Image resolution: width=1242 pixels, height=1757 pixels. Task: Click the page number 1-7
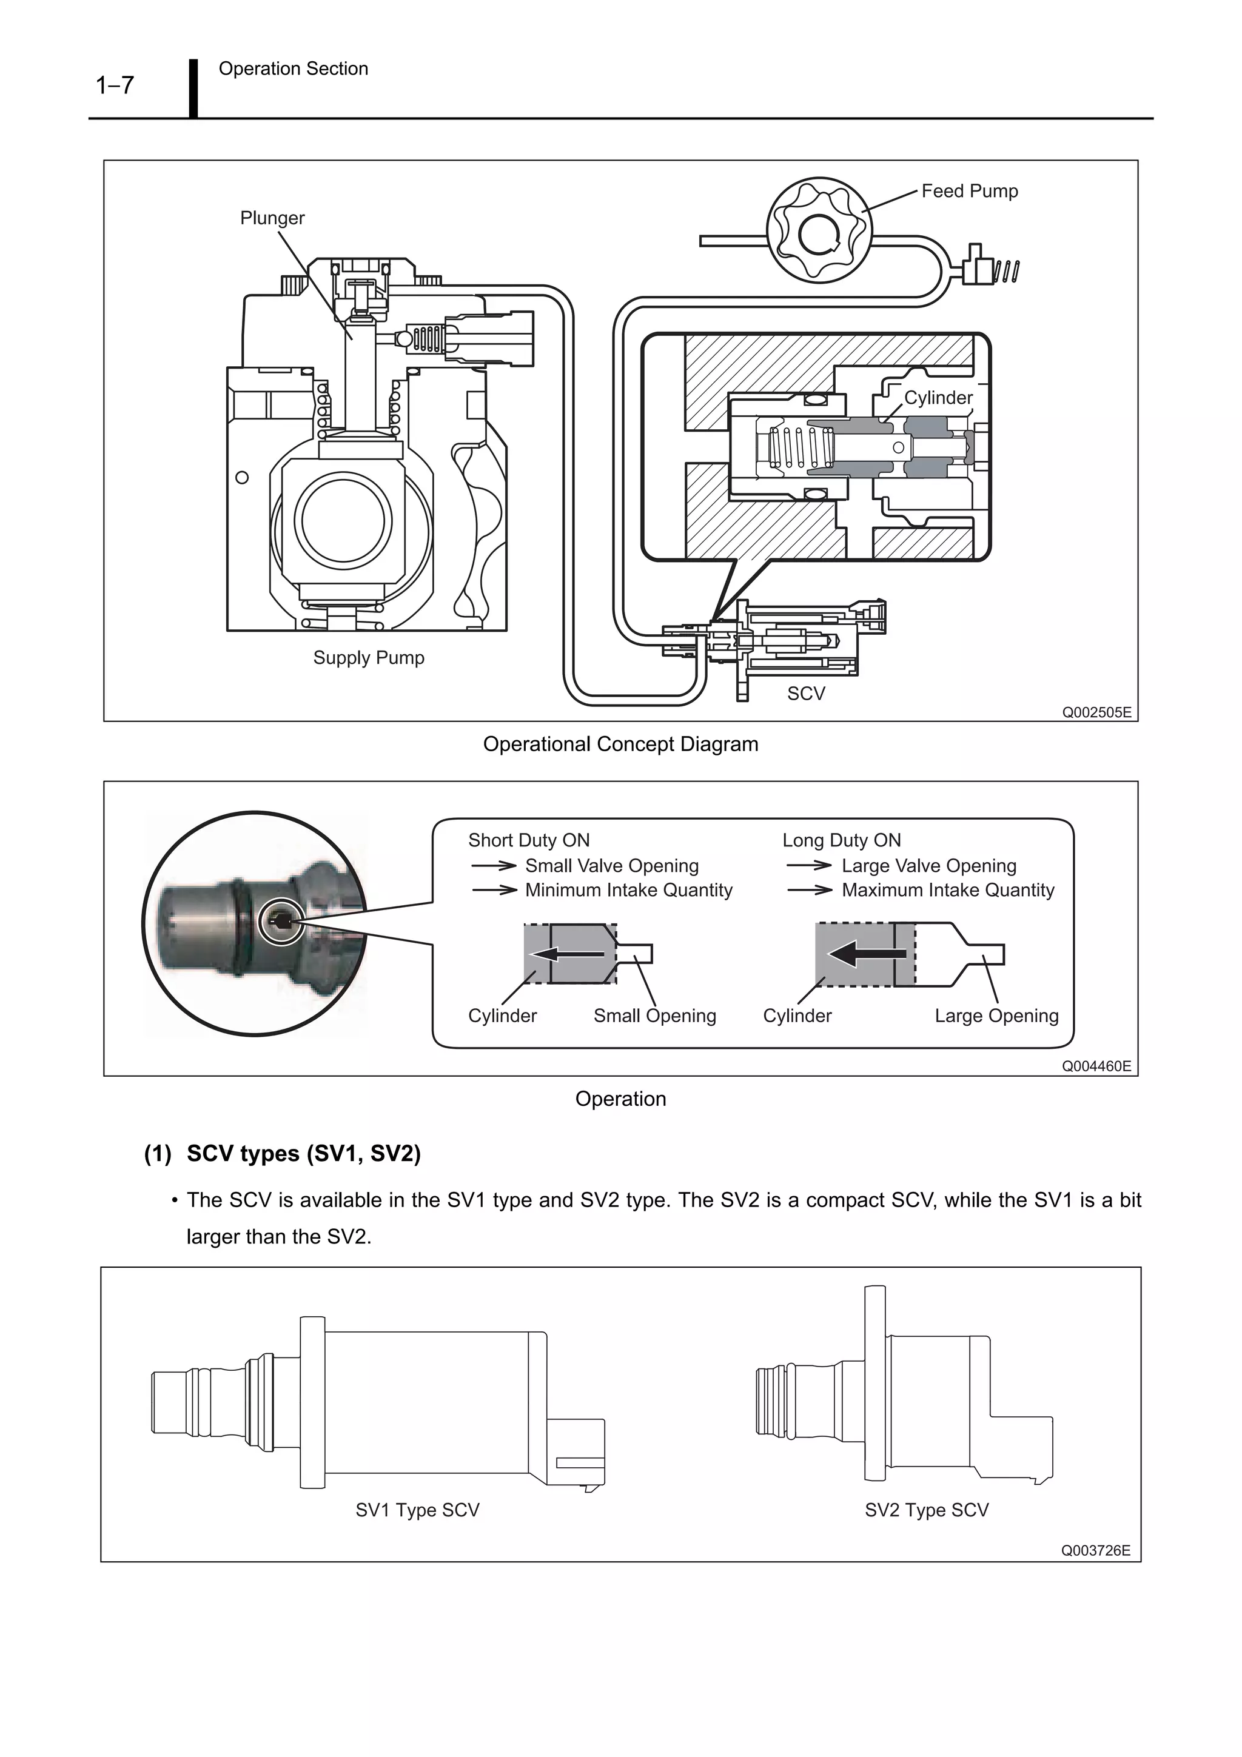point(115,85)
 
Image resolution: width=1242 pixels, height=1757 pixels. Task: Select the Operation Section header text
point(293,69)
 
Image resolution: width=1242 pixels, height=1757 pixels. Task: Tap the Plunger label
point(272,218)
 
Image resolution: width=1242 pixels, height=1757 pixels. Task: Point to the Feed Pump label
point(969,192)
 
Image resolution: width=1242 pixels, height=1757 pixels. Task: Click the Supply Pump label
point(368,657)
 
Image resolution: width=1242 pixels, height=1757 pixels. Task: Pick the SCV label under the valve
point(806,694)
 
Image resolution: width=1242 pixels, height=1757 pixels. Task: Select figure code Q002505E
point(1096,712)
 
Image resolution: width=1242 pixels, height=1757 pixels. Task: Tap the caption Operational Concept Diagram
point(620,744)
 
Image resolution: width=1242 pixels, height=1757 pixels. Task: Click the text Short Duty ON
point(529,840)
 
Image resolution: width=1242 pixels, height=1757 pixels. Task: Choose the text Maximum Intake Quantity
point(947,890)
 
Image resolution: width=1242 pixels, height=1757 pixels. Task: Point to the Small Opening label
point(654,1016)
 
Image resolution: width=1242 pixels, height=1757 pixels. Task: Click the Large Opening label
point(996,1016)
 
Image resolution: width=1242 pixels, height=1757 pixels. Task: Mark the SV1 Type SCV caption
point(417,1510)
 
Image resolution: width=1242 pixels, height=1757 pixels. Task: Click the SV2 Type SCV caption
point(926,1510)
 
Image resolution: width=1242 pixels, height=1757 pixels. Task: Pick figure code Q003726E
point(1095,1550)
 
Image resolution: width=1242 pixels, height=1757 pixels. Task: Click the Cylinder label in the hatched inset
point(938,398)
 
